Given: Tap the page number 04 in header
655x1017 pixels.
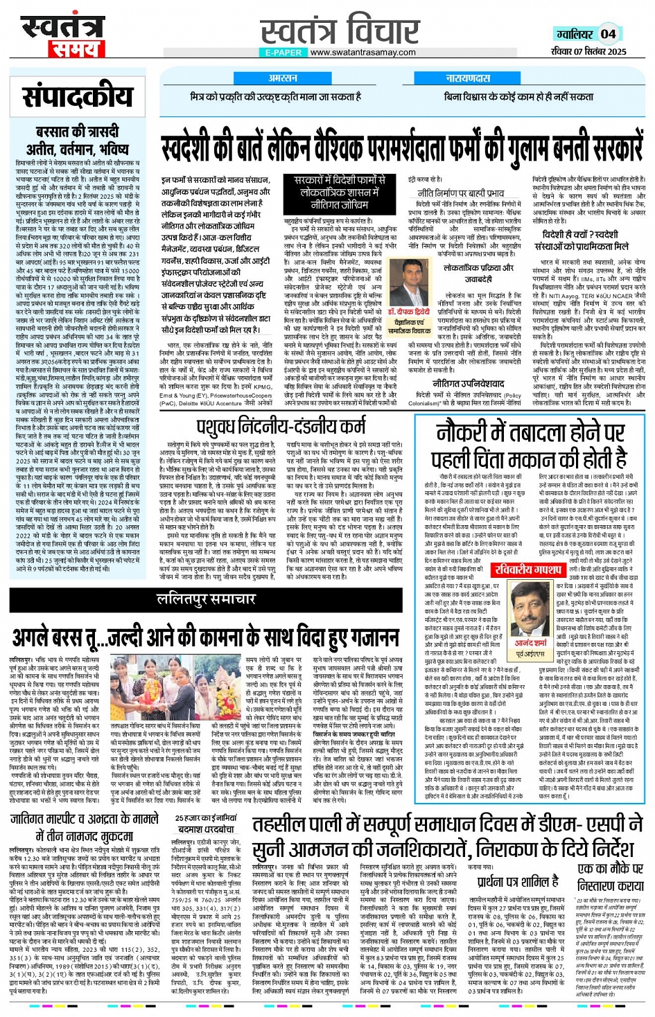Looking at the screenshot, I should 608,33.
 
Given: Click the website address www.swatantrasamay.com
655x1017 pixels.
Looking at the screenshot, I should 363,53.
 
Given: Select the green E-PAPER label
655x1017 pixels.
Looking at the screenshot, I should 283,53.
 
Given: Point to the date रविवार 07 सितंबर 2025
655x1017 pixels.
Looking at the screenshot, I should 589,51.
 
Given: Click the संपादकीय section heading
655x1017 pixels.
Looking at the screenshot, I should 78,97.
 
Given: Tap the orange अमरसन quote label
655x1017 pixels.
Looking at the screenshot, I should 283,78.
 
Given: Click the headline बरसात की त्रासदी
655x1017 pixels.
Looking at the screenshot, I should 77,132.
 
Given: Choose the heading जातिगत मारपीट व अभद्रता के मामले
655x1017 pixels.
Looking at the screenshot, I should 85,827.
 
